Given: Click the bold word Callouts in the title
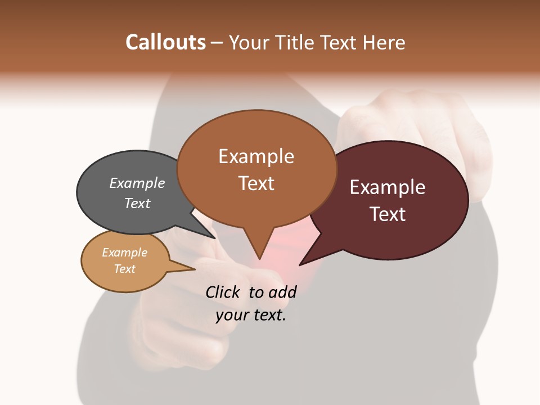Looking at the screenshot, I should pyautogui.click(x=165, y=42).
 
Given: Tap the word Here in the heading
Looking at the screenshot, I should pyautogui.click(x=384, y=42).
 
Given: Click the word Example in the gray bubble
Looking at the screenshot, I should pyautogui.click(x=137, y=183).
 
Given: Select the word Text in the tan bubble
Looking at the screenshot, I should pyautogui.click(x=124, y=269).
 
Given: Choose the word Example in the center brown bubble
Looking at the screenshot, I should pyautogui.click(x=256, y=156).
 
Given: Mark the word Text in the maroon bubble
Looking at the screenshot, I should pyautogui.click(x=388, y=214).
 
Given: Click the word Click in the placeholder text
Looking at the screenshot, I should pyautogui.click(x=222, y=292).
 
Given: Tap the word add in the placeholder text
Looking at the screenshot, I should pyautogui.click(x=282, y=292).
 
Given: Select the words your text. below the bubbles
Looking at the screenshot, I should pyautogui.click(x=251, y=315).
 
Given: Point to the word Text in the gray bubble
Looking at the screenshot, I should pyautogui.click(x=137, y=203).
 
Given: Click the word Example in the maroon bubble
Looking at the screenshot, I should pyautogui.click(x=388, y=187).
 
